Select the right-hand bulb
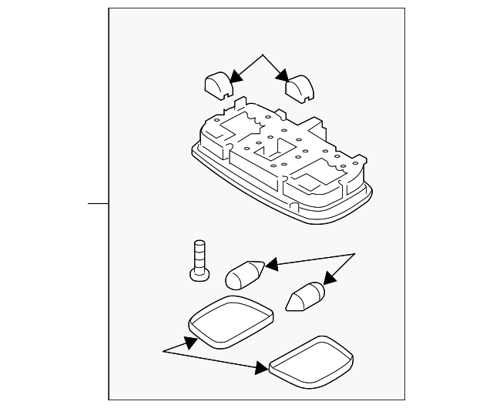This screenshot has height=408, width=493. tap(305, 296)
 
